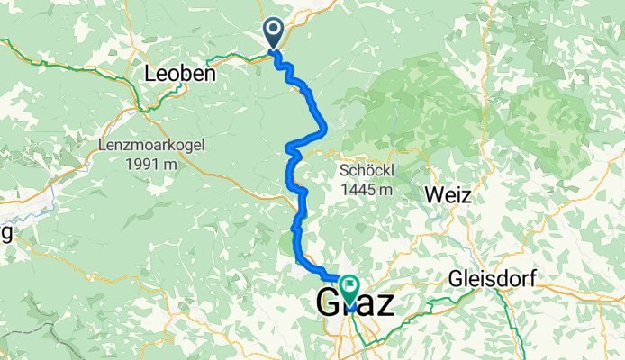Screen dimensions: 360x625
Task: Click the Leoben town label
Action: point(180,75)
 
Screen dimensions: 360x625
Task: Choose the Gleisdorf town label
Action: point(493,279)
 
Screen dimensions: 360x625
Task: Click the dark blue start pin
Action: point(274,32)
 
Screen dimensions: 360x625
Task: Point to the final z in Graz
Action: point(384,304)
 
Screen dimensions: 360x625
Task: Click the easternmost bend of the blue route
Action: point(323,131)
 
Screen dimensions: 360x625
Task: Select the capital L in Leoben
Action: point(150,75)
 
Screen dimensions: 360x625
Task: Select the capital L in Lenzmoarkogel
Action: point(102,144)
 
